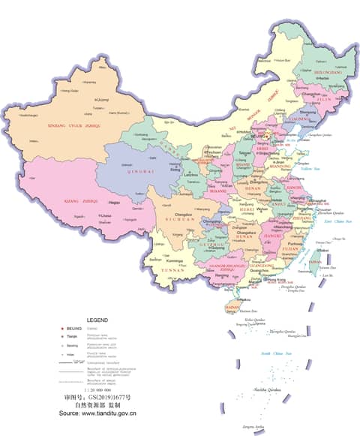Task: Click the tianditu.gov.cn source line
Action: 97,413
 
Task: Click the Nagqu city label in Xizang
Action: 114,202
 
